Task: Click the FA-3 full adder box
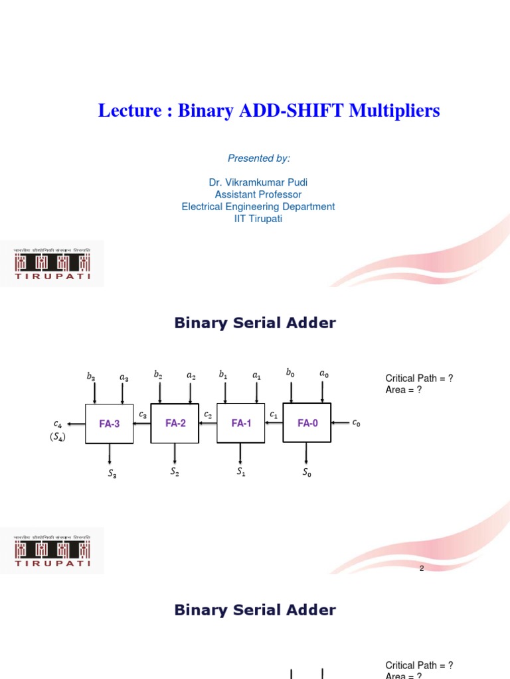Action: pyautogui.click(x=110, y=424)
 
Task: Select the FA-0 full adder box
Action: pyautogui.click(x=307, y=422)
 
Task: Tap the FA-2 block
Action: pyautogui.click(x=175, y=422)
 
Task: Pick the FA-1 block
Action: pyautogui.click(x=241, y=422)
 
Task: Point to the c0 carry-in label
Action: pyautogui.click(x=357, y=422)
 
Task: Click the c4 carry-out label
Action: pyautogui.click(x=58, y=423)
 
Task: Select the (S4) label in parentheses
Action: pyautogui.click(x=58, y=436)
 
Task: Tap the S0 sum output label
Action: pyautogui.click(x=306, y=473)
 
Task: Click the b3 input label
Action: pyautogui.click(x=91, y=376)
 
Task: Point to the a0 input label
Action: pyautogui.click(x=323, y=374)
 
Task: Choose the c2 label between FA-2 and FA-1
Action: pyautogui.click(x=208, y=415)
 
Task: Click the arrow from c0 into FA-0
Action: pyautogui.click(x=340, y=422)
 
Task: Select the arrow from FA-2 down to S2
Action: pyautogui.click(x=175, y=454)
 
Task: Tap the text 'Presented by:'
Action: pyautogui.click(x=259, y=158)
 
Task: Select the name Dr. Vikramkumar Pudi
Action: pyautogui.click(x=258, y=182)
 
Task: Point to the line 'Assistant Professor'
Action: pyautogui.click(x=258, y=194)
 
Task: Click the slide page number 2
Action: pyautogui.click(x=421, y=568)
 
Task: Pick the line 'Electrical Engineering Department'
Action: pyautogui.click(x=258, y=206)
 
